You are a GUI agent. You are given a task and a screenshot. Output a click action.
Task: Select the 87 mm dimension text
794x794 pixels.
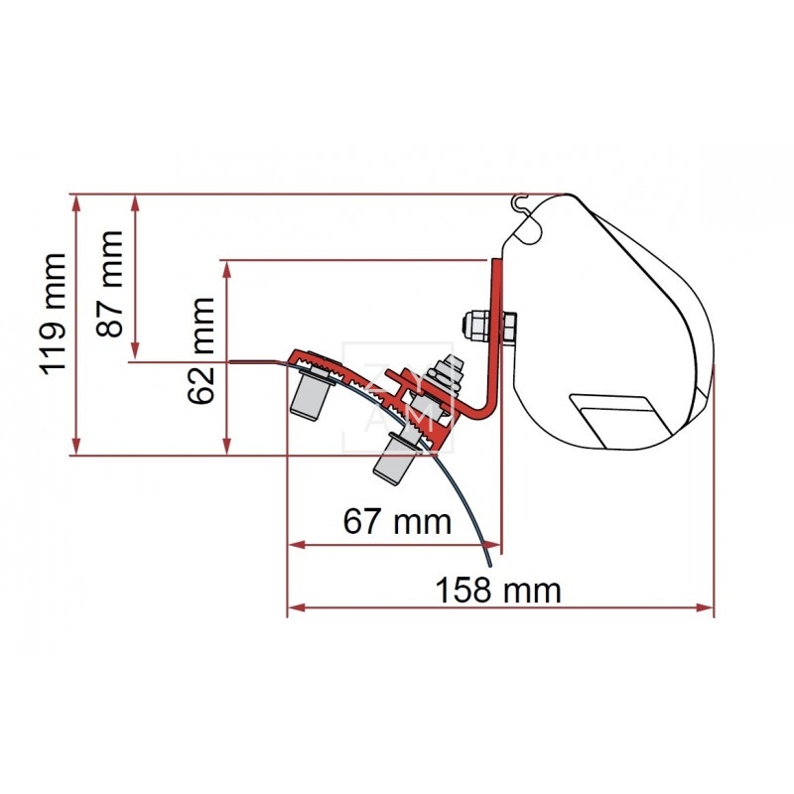(x=110, y=284)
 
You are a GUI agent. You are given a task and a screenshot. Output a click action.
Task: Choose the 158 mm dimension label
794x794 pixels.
(x=498, y=590)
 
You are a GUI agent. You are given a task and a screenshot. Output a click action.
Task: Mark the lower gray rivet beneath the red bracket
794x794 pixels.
(x=391, y=461)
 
